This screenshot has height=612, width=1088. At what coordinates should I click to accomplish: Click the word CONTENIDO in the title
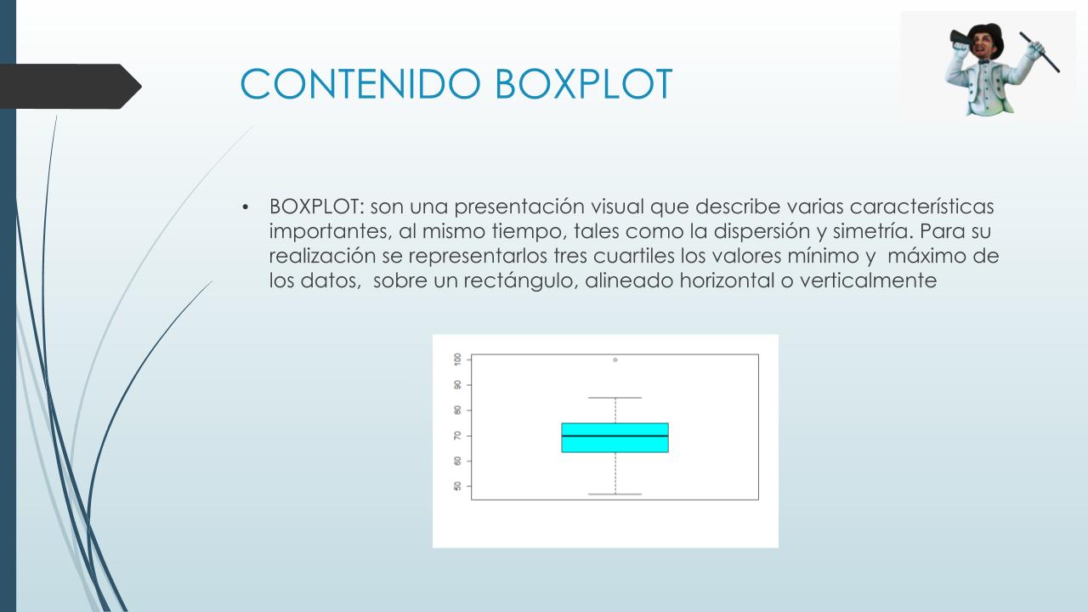click(x=360, y=84)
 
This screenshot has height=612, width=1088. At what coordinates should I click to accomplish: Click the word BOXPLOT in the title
click(x=583, y=84)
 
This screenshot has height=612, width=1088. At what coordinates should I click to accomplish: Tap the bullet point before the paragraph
click(x=246, y=207)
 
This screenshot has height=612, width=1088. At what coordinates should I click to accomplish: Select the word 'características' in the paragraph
click(x=921, y=207)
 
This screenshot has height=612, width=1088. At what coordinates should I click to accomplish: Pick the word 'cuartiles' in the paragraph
click(x=633, y=256)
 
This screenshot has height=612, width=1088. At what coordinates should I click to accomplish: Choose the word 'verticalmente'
click(x=868, y=280)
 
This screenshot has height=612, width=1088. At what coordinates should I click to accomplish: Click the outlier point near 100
click(x=615, y=360)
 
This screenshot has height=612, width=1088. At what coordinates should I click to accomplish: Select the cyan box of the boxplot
click(x=615, y=438)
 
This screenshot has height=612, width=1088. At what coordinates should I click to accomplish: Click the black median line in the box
click(x=615, y=436)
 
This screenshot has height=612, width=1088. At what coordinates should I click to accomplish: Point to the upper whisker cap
click(x=615, y=398)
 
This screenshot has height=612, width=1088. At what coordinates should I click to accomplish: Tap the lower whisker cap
click(x=615, y=494)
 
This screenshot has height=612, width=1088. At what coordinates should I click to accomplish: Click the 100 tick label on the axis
click(x=457, y=360)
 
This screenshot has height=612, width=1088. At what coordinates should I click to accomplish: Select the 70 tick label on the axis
click(x=457, y=436)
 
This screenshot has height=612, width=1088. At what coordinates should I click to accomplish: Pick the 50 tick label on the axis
click(x=457, y=486)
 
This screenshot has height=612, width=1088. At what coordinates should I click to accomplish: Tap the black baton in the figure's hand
click(x=1040, y=52)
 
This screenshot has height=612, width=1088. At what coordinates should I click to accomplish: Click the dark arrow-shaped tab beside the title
click(x=71, y=87)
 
